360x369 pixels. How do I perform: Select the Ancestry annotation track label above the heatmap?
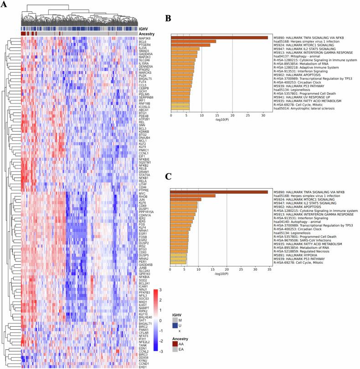coord(147,34)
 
